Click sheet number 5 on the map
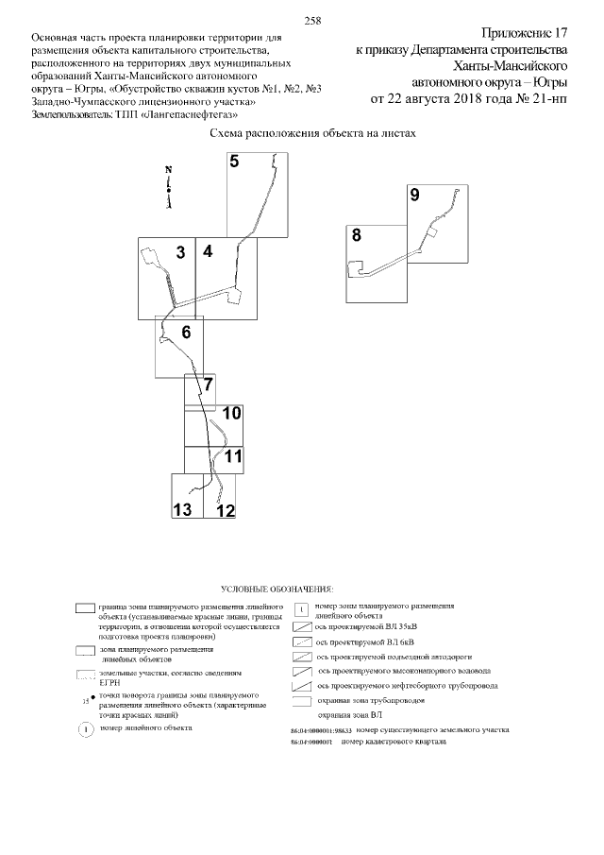tap(234, 161)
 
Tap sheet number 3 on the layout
tap(179, 252)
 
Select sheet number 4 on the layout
tap(207, 251)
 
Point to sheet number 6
tap(186, 332)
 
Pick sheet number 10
tap(231, 414)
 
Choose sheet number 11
tap(233, 456)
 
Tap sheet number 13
tap(182, 510)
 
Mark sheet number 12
tap(225, 510)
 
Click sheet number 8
tap(356, 235)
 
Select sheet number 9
tap(414, 196)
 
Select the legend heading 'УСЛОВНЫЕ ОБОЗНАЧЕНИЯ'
tap(277, 589)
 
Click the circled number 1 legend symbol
tap(84, 730)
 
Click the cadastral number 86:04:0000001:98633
tap(320, 731)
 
